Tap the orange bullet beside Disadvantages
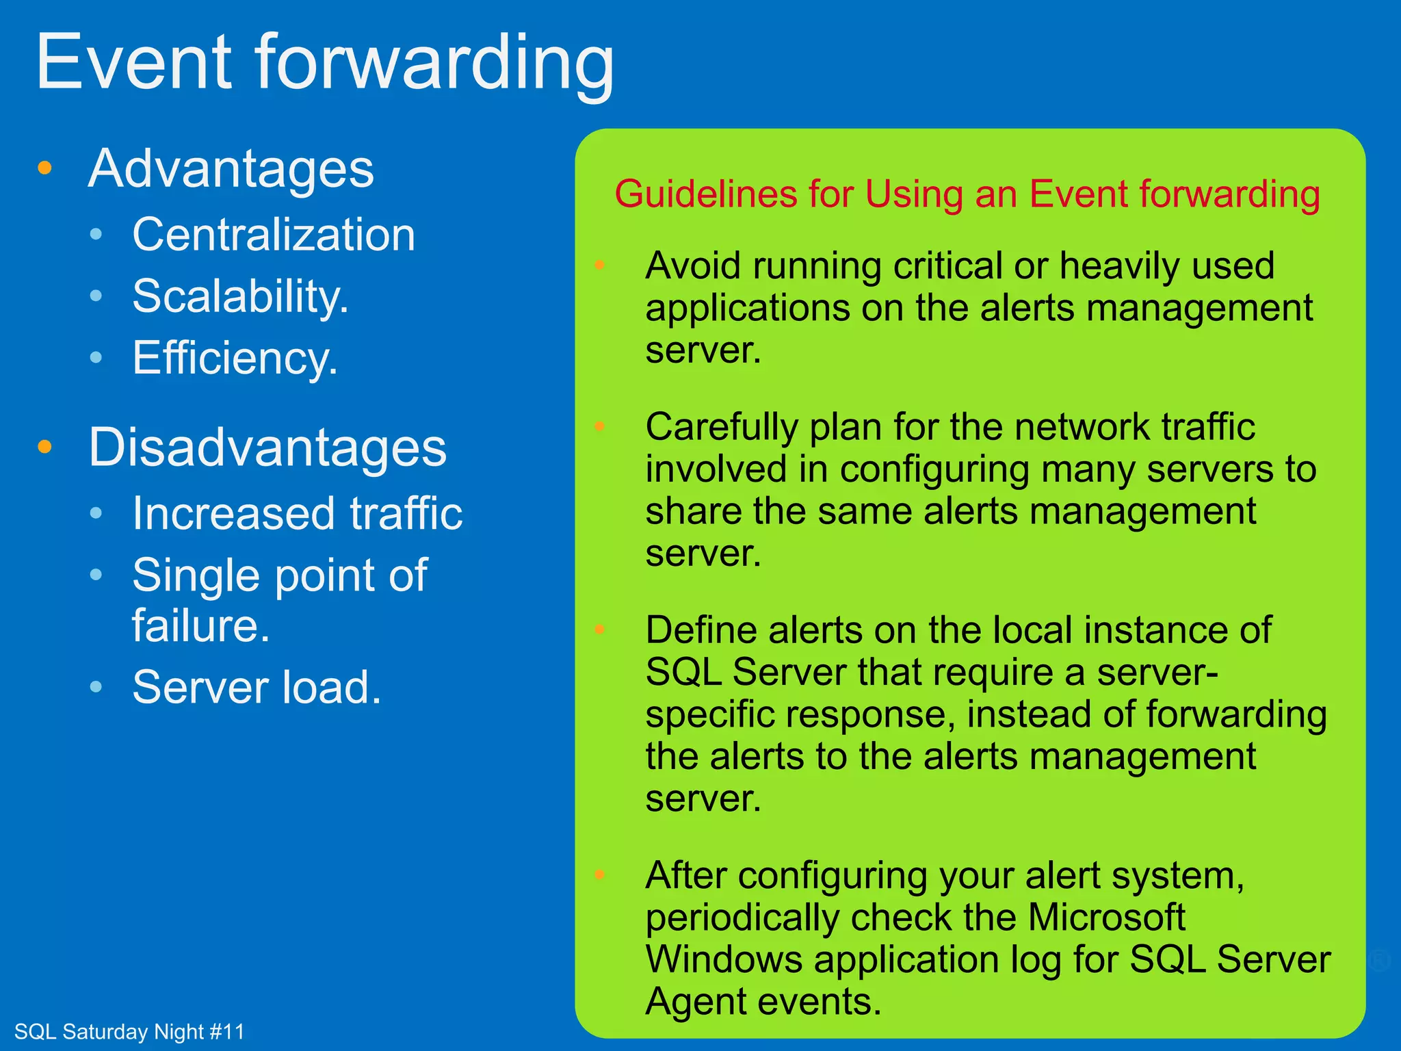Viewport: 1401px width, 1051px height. [45, 447]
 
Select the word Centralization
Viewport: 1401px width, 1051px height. [274, 235]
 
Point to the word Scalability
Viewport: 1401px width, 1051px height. [239, 296]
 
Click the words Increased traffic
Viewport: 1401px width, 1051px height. [297, 513]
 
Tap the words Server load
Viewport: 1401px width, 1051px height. [256, 687]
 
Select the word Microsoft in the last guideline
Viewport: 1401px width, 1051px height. [1106, 917]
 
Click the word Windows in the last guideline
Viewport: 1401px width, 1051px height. [724, 959]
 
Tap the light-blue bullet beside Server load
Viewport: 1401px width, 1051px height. [96, 686]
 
